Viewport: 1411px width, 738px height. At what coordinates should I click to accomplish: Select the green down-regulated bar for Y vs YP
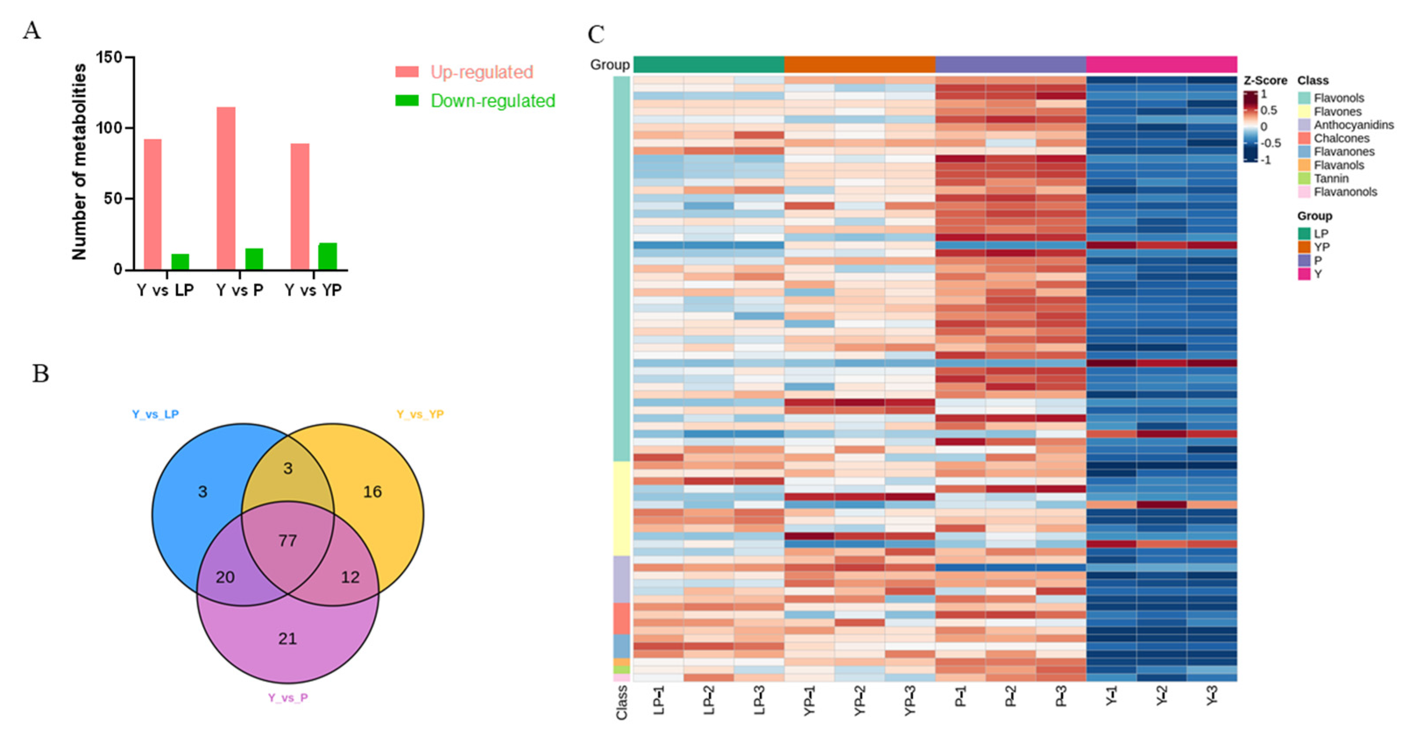[x=328, y=256]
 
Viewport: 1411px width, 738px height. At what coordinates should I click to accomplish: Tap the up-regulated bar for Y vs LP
[x=152, y=204]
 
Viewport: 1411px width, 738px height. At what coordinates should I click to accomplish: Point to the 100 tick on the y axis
[x=110, y=128]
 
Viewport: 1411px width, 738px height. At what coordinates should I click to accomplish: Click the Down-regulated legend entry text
[x=492, y=101]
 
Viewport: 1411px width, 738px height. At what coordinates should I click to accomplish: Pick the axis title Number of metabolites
[x=79, y=162]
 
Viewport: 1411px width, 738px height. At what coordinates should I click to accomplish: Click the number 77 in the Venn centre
[x=287, y=541]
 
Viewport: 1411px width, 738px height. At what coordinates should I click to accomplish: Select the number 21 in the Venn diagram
[x=287, y=638]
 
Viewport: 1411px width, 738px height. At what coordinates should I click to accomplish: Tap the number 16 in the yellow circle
[x=372, y=491]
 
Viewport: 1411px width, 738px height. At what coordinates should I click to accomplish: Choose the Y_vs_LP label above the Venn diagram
[x=155, y=414]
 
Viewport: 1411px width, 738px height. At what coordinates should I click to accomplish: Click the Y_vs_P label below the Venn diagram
[x=287, y=697]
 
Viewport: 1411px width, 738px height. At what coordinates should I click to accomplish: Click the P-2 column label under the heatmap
[x=1011, y=697]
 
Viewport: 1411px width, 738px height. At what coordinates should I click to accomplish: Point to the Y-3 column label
[x=1212, y=697]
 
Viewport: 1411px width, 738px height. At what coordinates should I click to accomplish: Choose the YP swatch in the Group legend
[x=1304, y=247]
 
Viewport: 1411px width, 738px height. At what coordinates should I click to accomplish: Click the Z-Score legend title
[x=1265, y=81]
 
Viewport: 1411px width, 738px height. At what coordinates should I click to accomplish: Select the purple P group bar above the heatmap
[x=1011, y=64]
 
